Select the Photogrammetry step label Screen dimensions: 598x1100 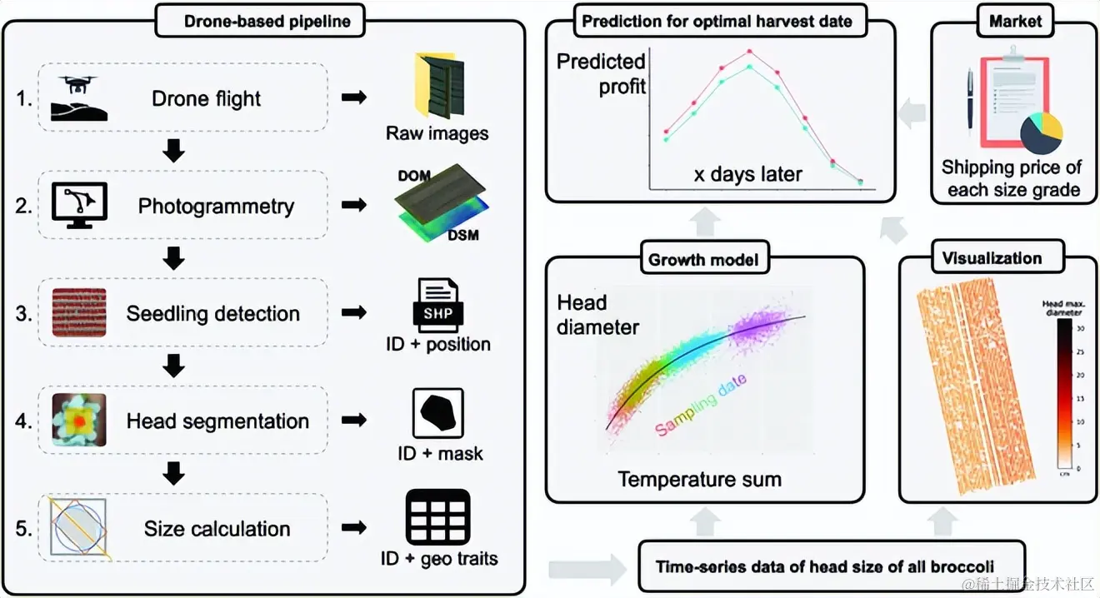(216, 206)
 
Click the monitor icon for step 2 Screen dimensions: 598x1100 (79, 205)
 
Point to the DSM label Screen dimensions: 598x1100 (462, 237)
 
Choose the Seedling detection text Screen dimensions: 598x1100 (212, 313)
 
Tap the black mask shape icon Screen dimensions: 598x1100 (437, 413)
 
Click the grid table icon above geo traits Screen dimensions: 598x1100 (437, 517)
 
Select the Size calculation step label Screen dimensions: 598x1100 (217, 528)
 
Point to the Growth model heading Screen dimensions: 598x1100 (703, 260)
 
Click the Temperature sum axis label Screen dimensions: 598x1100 (699, 479)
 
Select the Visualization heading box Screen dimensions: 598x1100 (991, 258)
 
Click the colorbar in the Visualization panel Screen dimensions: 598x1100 (1065, 395)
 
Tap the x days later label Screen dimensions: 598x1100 (747, 174)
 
